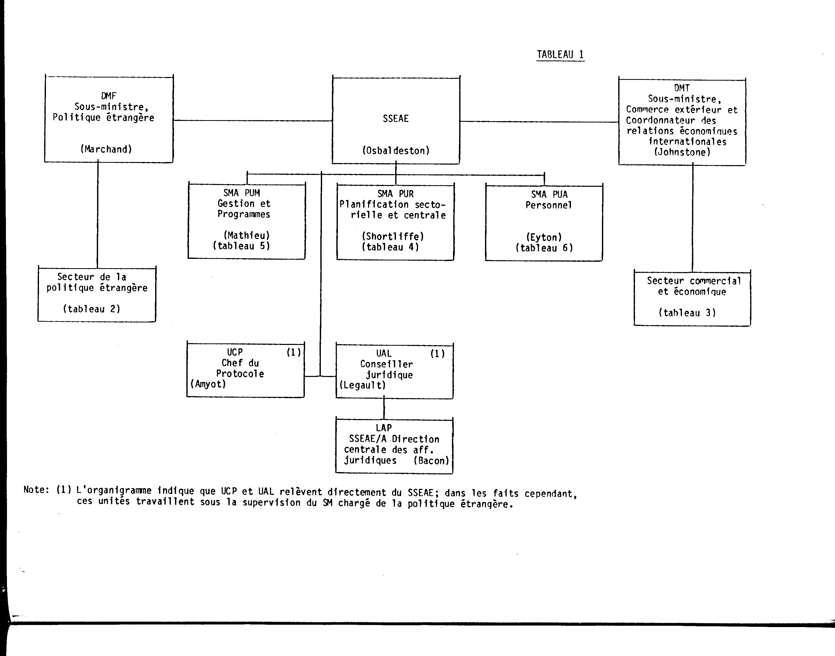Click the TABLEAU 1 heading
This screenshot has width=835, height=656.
560,55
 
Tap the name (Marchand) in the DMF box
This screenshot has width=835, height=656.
106,149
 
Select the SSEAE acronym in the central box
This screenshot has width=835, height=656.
396,119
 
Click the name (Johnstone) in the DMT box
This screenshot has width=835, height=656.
682,152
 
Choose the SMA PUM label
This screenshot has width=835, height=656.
242,193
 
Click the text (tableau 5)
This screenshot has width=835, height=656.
241,246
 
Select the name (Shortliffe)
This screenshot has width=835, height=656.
393,236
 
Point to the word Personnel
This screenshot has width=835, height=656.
549,205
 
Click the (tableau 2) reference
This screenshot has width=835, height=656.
92,309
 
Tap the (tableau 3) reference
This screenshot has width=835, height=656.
687,313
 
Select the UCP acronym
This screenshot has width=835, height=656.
234,352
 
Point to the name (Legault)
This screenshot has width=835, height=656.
362,385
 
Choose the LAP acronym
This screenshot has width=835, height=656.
384,428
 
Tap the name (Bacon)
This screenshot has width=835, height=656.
431,460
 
